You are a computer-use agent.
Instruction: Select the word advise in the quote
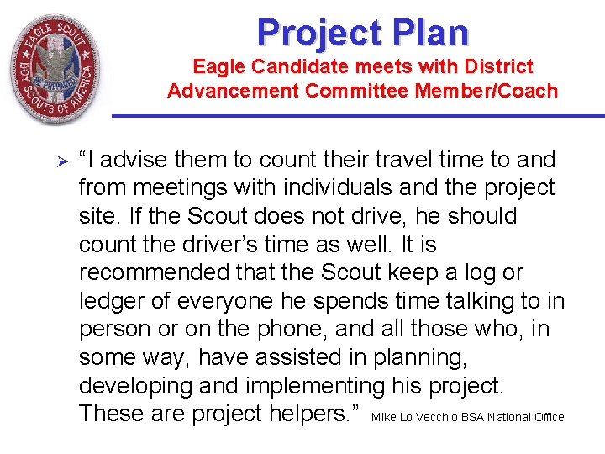tap(140, 160)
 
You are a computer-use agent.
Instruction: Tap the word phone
tap(307, 330)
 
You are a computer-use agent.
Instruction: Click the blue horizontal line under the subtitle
tap(357, 116)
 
